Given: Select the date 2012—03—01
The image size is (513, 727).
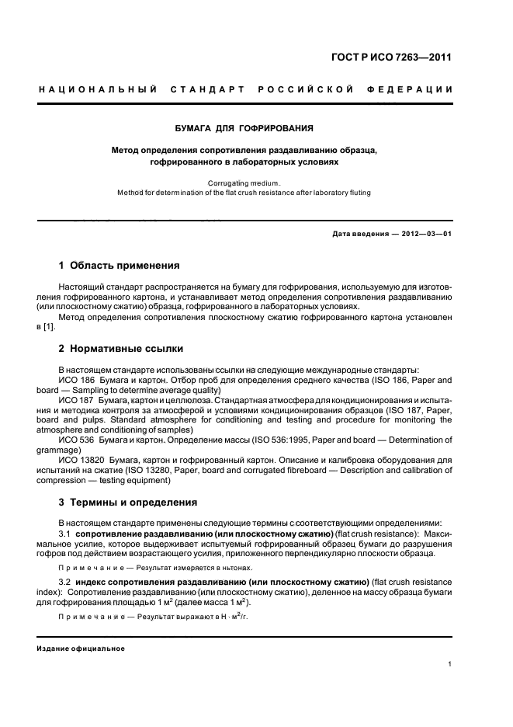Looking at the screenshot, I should tap(419, 234).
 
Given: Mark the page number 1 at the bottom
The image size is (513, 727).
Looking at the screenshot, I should tap(450, 664).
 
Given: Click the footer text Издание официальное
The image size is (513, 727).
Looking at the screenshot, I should tap(81, 648).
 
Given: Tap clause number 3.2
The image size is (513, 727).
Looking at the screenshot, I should tap(65, 581).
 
